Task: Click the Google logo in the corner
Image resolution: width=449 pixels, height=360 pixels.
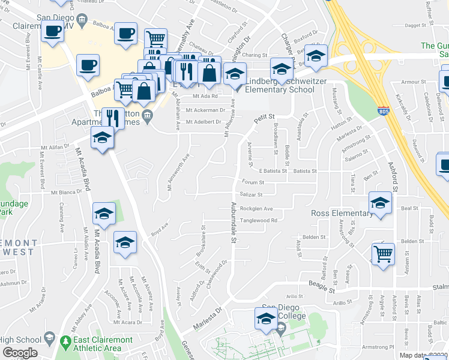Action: coord(20,353)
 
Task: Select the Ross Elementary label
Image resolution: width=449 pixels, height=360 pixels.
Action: coord(342,214)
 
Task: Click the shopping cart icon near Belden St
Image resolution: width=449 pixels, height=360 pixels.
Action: coord(383,254)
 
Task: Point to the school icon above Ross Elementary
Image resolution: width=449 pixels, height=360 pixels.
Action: coord(380,203)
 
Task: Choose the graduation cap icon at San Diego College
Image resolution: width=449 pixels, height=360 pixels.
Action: coord(265,319)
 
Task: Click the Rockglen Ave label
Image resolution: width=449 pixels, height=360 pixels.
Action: coord(256,209)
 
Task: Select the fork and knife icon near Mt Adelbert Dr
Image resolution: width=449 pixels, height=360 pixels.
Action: coord(113,118)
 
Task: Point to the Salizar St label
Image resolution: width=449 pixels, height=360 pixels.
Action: coord(251,195)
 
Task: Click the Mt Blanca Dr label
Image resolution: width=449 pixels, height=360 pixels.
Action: coord(66,193)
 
